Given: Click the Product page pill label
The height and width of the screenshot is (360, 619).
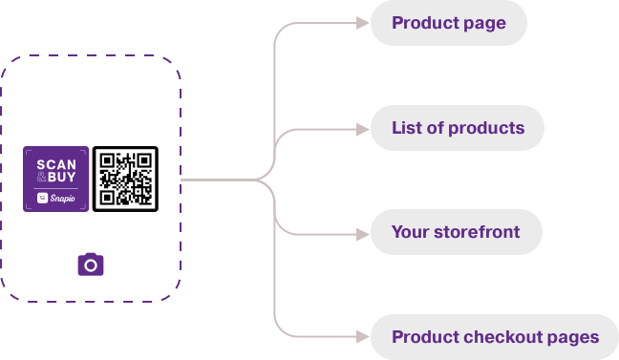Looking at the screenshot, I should (x=448, y=23).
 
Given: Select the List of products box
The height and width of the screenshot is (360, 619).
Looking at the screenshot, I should (x=458, y=128).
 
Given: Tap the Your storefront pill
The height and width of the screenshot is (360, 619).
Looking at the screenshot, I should (x=456, y=232).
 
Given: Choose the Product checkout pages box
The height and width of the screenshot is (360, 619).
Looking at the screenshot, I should (x=494, y=337).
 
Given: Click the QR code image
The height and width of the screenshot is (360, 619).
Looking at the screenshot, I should (x=125, y=179).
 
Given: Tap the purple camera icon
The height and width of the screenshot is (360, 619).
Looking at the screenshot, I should (x=91, y=265).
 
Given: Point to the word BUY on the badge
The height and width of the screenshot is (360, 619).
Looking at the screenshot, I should (x=62, y=178).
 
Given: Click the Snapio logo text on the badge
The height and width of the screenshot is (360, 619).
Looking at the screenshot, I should (x=62, y=199).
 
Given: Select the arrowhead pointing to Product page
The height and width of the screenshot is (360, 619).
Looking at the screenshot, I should (x=362, y=23).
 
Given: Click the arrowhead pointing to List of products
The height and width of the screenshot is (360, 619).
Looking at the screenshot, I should (x=362, y=128).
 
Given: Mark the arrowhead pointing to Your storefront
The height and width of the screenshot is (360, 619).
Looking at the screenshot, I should (x=362, y=232).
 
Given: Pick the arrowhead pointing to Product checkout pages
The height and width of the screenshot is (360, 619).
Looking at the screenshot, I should (x=362, y=337).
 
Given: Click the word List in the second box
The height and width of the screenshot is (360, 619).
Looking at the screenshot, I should (x=405, y=128).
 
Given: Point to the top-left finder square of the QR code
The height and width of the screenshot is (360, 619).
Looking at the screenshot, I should (x=107, y=160).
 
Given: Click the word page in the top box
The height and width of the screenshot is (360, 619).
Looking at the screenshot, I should (x=486, y=24).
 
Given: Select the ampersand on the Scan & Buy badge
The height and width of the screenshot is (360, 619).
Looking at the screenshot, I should (x=41, y=178).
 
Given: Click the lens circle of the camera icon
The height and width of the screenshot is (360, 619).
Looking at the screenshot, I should (x=91, y=265).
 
